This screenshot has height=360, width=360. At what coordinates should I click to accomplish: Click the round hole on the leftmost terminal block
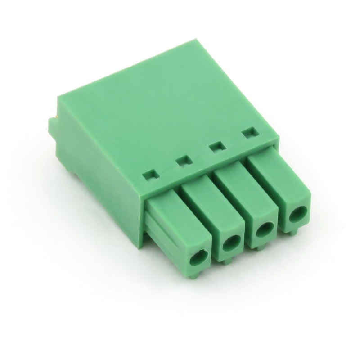[x=199, y=258]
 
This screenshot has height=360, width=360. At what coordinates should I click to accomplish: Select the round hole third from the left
[x=265, y=230]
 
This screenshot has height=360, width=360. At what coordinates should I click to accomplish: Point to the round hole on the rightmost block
[x=296, y=216]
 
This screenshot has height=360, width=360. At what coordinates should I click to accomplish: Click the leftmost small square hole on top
[x=150, y=174]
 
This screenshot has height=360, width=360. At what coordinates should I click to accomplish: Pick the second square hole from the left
[x=183, y=160]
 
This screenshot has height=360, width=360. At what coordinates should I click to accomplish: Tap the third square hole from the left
[x=217, y=147]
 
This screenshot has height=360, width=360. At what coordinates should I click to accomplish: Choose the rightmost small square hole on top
[x=249, y=133]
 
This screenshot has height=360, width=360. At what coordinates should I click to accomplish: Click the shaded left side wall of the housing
[x=99, y=171]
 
